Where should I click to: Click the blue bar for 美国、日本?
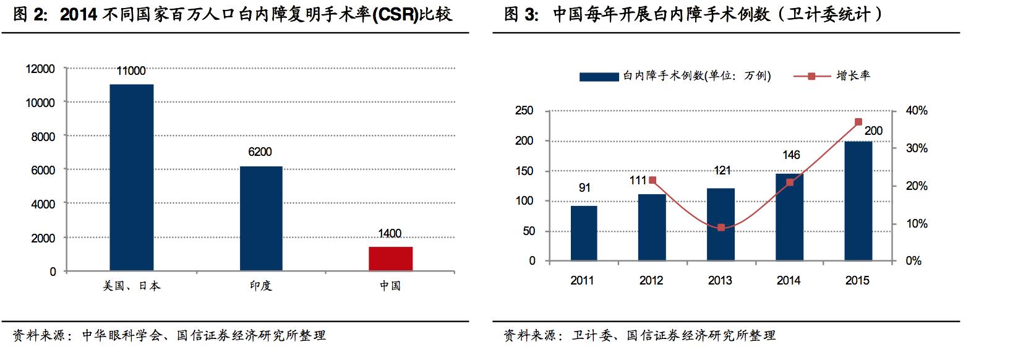[x=131, y=178]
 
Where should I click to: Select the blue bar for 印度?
[x=260, y=218]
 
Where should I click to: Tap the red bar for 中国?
[x=390, y=259]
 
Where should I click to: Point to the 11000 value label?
[x=131, y=71]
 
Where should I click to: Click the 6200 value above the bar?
[x=260, y=152]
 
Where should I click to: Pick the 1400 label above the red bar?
[x=390, y=234]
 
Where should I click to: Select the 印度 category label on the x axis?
[x=260, y=286]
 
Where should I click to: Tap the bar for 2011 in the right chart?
[x=583, y=233]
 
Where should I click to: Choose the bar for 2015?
[x=858, y=201]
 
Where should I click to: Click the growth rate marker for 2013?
[x=721, y=228]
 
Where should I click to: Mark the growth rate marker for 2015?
[x=858, y=122]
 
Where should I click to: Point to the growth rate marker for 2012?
[x=652, y=181]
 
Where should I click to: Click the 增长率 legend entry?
[x=853, y=75]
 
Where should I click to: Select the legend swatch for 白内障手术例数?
[x=599, y=77]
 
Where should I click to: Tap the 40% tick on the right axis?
[x=917, y=111]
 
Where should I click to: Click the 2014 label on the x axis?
[x=789, y=281]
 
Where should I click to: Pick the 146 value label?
[x=791, y=155]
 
